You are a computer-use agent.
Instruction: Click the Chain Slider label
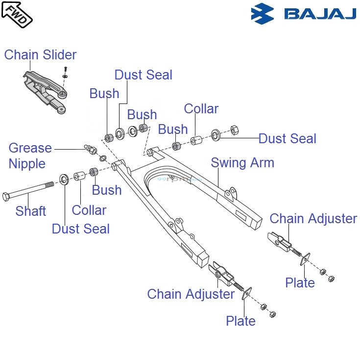pyautogui.click(x=40, y=54)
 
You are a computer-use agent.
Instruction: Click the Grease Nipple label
pyautogui.click(x=30, y=155)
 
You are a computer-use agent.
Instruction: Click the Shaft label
pyautogui.click(x=31, y=211)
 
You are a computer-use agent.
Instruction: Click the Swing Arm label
pyautogui.click(x=242, y=162)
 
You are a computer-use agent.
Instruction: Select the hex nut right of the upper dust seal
pyautogui.click(x=234, y=130)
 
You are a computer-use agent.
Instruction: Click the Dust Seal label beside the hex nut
pyautogui.click(x=288, y=139)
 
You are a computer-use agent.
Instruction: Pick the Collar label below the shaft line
pyautogui.click(x=89, y=210)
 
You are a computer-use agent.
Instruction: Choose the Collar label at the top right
pyautogui.click(x=201, y=108)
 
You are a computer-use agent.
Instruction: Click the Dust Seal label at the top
pyautogui.click(x=144, y=75)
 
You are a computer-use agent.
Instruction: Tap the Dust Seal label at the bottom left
pyautogui.click(x=81, y=229)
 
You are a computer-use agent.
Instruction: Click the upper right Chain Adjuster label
pyautogui.click(x=313, y=219)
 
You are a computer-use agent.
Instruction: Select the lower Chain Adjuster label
pyautogui.click(x=191, y=294)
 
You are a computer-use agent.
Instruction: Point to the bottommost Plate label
pyautogui.click(x=240, y=321)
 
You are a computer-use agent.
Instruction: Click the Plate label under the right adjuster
pyautogui.click(x=300, y=283)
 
